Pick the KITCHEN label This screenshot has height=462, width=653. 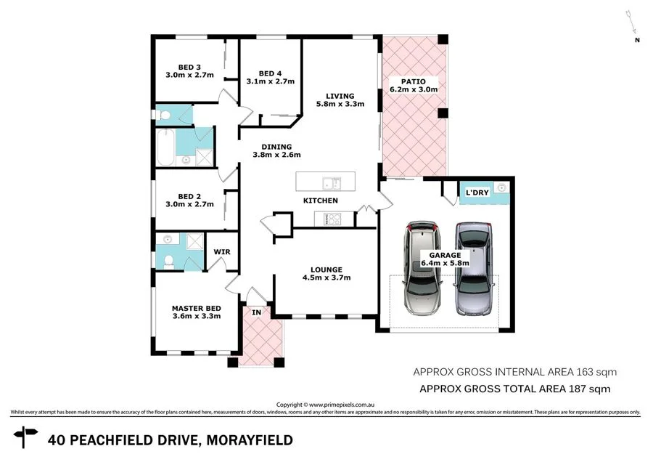pyautogui.click(x=320, y=200)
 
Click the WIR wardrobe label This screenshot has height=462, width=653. pyautogui.click(x=221, y=252)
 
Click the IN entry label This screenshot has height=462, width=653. pyautogui.click(x=256, y=312)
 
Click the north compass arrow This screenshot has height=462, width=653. pyautogui.click(x=631, y=25)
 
